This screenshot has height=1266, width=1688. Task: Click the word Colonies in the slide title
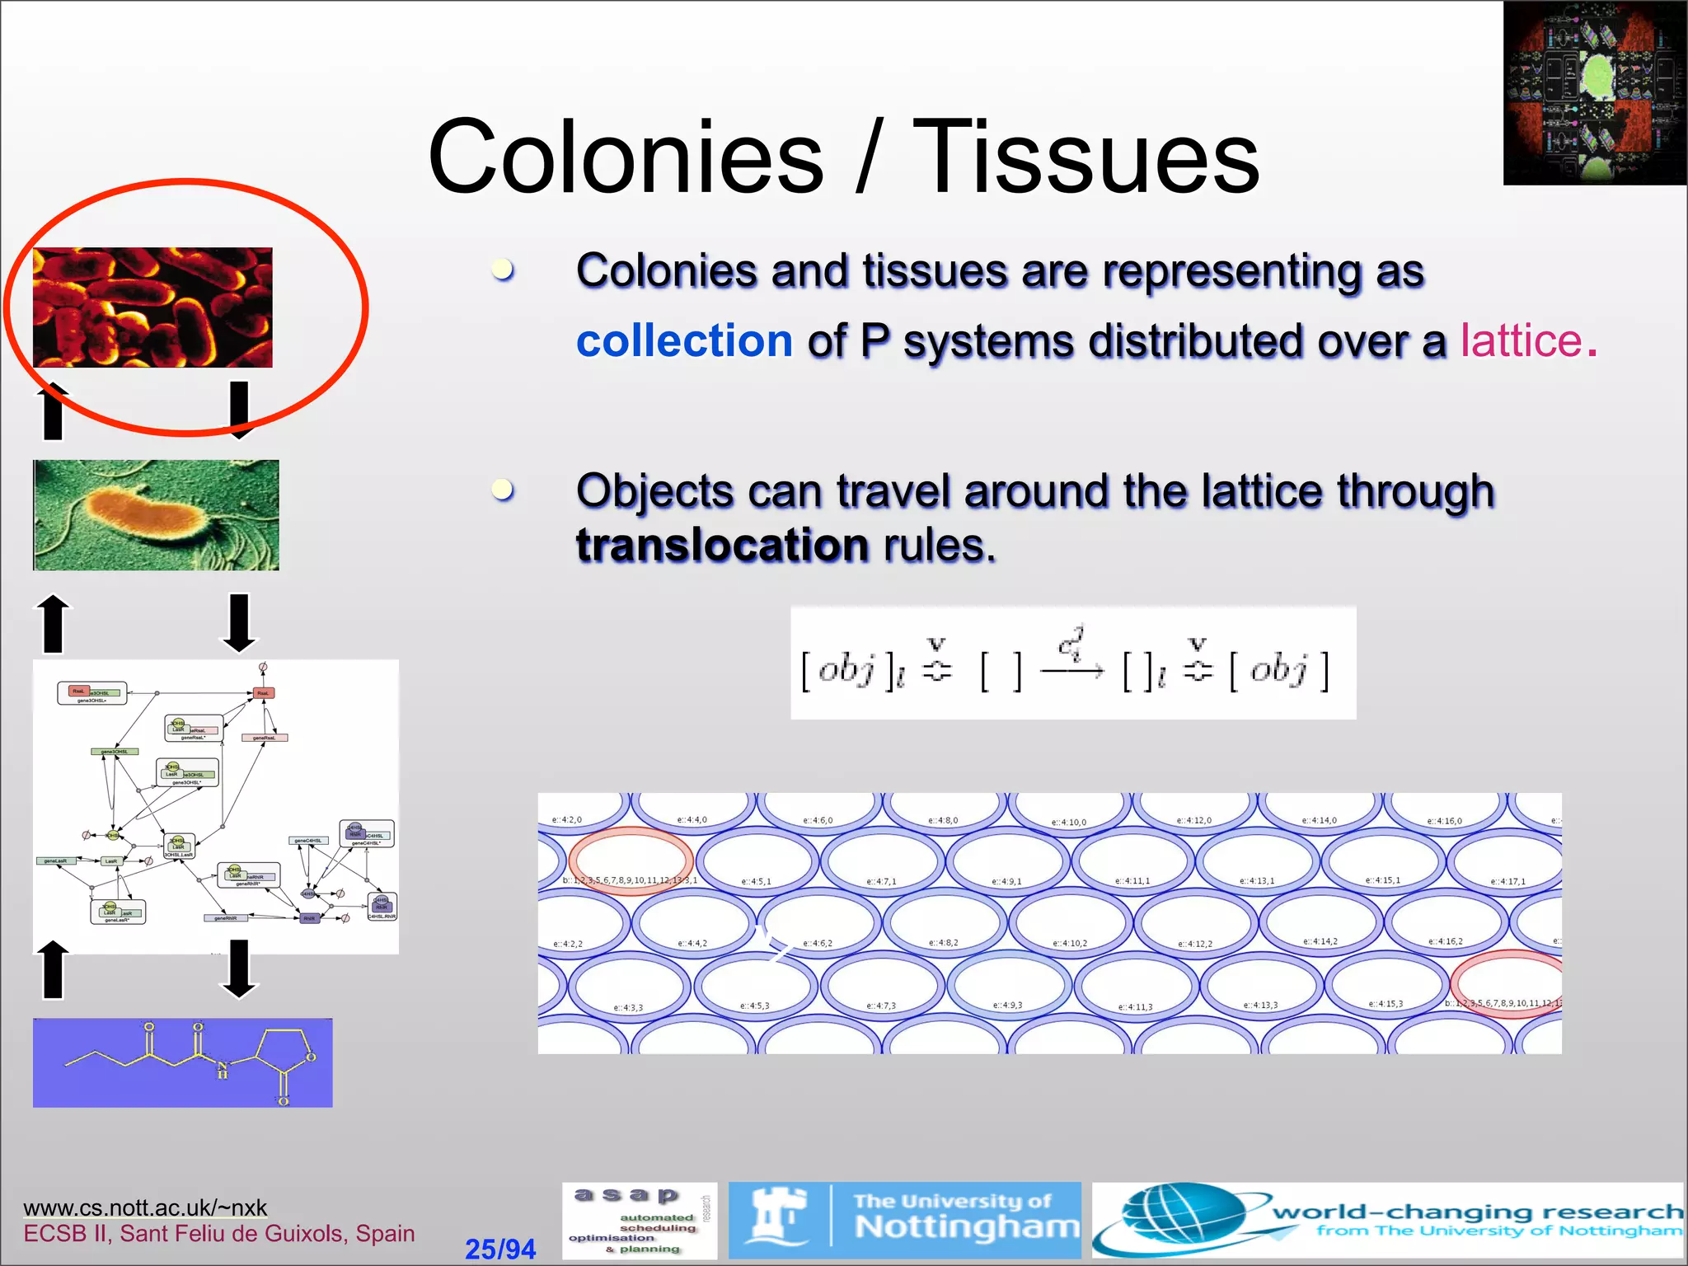tap(626, 157)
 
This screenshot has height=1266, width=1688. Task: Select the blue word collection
tap(684, 340)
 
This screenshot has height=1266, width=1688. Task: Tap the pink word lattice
tap(1522, 340)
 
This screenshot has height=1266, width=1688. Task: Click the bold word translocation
tap(722, 545)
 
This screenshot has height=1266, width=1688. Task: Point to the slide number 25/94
tap(499, 1249)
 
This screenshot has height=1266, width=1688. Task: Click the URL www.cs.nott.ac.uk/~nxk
tap(145, 1207)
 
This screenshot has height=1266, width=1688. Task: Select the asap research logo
tap(639, 1221)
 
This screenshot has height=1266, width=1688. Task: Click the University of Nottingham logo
tap(904, 1221)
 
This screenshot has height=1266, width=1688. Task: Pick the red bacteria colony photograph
tap(152, 307)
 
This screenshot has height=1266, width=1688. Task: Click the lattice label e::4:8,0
tap(942, 820)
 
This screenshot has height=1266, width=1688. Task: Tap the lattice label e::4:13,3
tap(1260, 1005)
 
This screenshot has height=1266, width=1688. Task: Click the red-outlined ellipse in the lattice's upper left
tap(631, 860)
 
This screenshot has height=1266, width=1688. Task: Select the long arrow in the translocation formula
tap(1071, 671)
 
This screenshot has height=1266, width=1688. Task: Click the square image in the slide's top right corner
tap(1594, 92)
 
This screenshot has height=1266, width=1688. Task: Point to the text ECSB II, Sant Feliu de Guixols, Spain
tap(218, 1233)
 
